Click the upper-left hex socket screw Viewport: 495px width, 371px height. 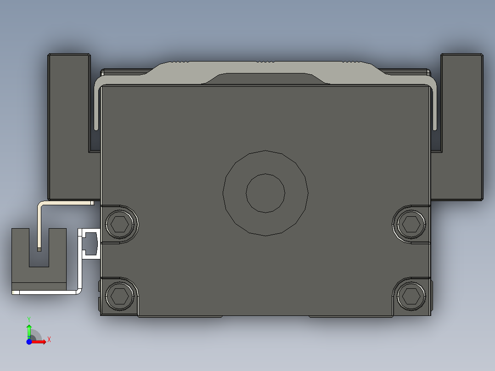121,224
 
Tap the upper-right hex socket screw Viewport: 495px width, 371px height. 410,224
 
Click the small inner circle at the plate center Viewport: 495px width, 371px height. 265,193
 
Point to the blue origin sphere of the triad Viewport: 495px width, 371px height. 29,342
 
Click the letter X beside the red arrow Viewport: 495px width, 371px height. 49,339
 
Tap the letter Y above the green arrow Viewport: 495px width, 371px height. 29,319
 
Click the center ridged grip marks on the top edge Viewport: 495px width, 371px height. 265,62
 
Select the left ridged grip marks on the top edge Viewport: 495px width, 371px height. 179,62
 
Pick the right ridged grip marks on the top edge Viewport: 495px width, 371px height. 352,62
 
